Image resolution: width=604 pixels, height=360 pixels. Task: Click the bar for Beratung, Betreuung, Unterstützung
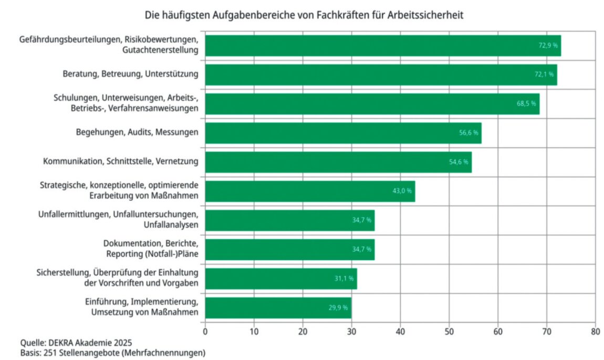[x=381, y=75]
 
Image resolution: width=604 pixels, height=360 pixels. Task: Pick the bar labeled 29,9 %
[x=278, y=307]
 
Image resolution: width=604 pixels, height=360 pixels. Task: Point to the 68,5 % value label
[x=526, y=104]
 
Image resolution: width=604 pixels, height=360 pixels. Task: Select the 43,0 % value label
[x=402, y=191]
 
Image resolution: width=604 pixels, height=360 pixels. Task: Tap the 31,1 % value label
[x=344, y=279]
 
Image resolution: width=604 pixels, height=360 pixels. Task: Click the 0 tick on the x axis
[x=205, y=332]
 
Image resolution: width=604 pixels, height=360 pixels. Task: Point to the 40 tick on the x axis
[x=400, y=332]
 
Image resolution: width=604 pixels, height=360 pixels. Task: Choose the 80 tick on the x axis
[x=595, y=332]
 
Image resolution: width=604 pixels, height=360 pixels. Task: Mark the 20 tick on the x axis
[x=303, y=332]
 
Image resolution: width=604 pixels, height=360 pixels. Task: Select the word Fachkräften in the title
[x=341, y=16]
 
